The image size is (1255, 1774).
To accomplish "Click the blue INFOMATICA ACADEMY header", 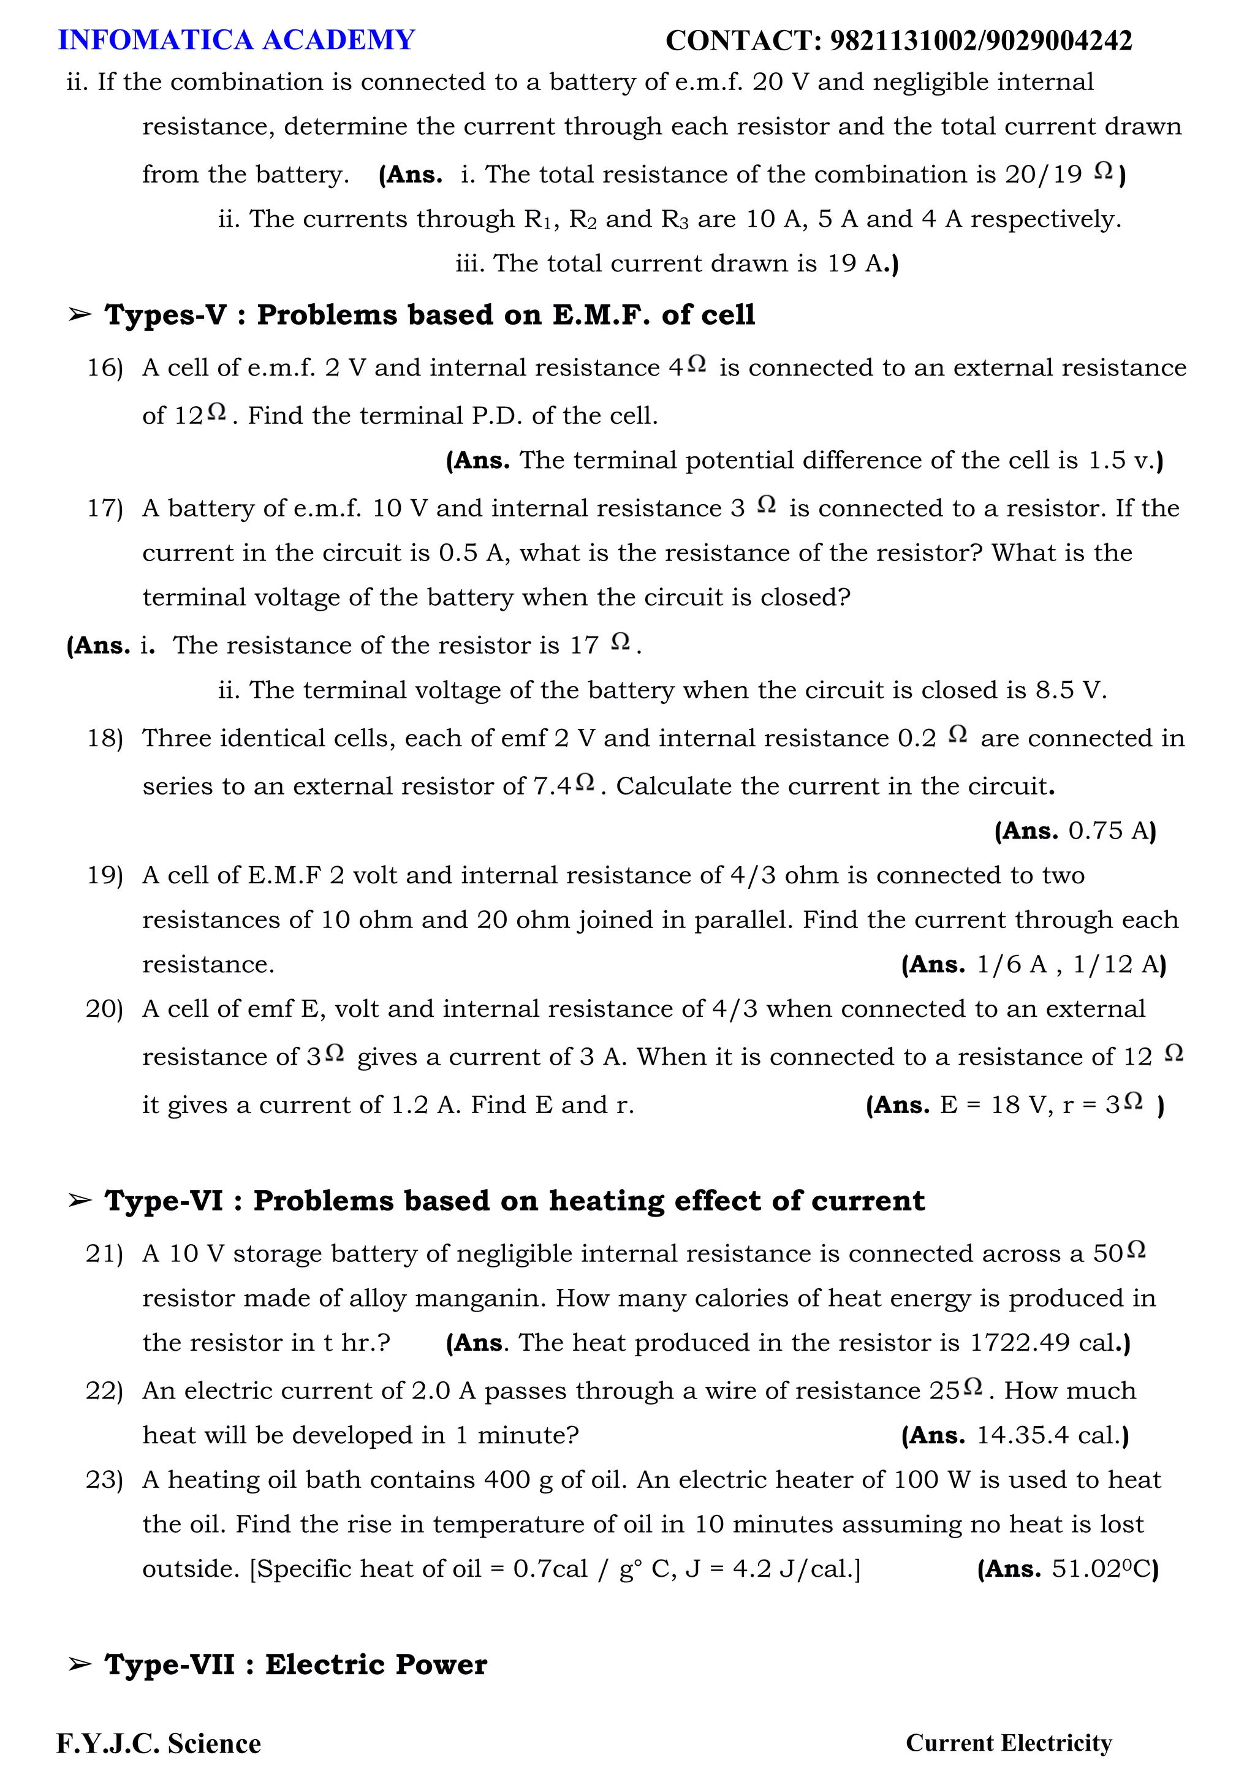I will click(x=237, y=40).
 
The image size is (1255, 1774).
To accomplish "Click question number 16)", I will click(x=105, y=368).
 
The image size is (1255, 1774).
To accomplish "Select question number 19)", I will click(x=105, y=875).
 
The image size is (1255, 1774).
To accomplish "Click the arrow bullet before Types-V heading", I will click(x=80, y=314).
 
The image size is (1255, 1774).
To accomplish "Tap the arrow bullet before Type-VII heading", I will click(x=80, y=1664).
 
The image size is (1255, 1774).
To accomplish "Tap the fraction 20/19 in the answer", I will click(x=1043, y=175).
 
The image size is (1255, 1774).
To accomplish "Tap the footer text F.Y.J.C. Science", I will click(x=159, y=1744).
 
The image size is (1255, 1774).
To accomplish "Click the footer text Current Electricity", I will click(x=1009, y=1743).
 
